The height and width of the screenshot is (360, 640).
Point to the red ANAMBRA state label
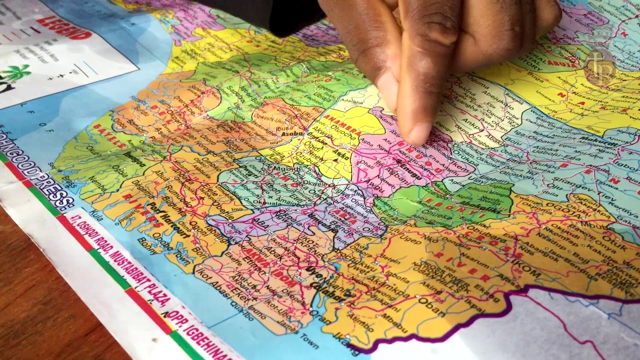coord(341,125)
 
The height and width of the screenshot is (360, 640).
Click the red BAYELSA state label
coord(110,135)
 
